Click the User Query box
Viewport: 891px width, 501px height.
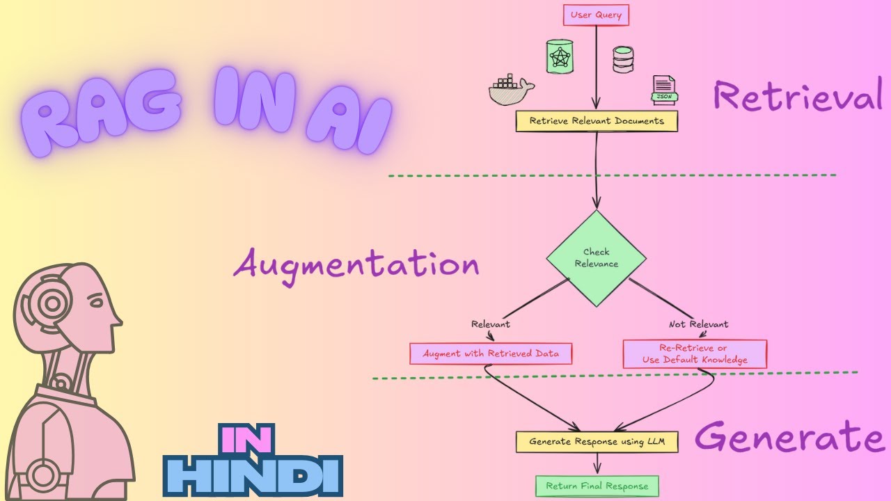pos(596,15)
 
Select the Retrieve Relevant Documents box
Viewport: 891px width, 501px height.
pos(597,121)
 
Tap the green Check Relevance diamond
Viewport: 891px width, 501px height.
pos(596,258)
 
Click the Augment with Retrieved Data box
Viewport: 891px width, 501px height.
pos(491,353)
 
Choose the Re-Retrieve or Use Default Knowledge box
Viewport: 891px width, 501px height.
pos(695,354)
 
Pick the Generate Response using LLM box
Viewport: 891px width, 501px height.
pos(597,442)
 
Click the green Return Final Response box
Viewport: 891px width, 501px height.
pos(597,486)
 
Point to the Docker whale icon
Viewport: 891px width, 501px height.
pos(510,90)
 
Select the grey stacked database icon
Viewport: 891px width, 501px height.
pos(622,60)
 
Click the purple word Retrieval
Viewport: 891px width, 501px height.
pos(797,96)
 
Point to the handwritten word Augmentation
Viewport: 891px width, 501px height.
pos(356,265)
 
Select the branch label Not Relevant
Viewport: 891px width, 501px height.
pos(698,324)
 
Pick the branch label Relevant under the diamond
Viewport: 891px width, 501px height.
pos(491,324)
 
